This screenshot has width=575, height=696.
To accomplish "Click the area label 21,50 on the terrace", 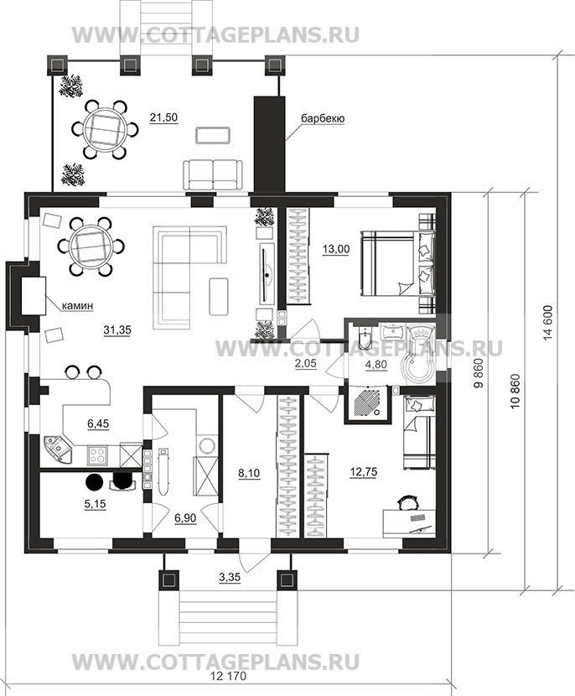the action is pyautogui.click(x=163, y=117).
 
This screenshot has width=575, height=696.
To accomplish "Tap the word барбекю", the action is pyautogui.click(x=323, y=118).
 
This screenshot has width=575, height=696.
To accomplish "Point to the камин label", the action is pyautogui.click(x=77, y=305).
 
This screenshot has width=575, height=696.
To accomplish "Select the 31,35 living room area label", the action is pyautogui.click(x=117, y=330).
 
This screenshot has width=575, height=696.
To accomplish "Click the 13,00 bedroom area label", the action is pyautogui.click(x=335, y=249).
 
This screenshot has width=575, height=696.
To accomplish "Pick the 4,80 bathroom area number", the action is pyautogui.click(x=376, y=365).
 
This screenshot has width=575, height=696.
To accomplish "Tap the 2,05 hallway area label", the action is pyautogui.click(x=306, y=363).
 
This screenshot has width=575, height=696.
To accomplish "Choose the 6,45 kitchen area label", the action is pyautogui.click(x=97, y=424).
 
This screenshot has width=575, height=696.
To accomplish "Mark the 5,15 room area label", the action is pyautogui.click(x=95, y=504).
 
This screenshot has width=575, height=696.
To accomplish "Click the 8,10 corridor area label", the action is pyautogui.click(x=249, y=474).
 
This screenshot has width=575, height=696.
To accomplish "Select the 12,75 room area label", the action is pyautogui.click(x=364, y=472).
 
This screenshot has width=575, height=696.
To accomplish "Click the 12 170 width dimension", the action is pyautogui.click(x=229, y=688).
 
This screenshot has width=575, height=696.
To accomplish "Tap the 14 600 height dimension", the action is pyautogui.click(x=547, y=323).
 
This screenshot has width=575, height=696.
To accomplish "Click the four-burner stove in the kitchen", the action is pyautogui.click(x=97, y=455).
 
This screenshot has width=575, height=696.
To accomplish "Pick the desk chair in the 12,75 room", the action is pyautogui.click(x=407, y=503).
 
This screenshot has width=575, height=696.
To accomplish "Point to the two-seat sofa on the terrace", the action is pyautogui.click(x=214, y=175).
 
